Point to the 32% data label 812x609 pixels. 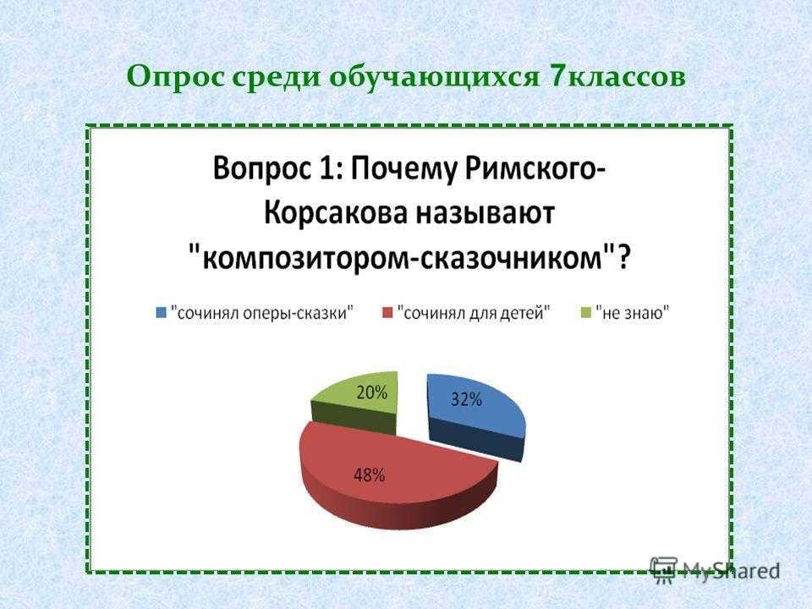(466, 399)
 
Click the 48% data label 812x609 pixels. (369, 475)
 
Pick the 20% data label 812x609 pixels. (372, 392)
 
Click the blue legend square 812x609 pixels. (162, 313)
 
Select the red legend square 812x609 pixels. (387, 313)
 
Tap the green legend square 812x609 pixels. (585, 313)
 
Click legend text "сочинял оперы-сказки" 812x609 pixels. (262, 313)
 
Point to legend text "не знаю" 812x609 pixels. (633, 313)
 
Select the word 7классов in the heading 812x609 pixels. (616, 77)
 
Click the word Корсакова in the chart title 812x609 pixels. (335, 212)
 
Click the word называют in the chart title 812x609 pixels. (485, 213)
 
